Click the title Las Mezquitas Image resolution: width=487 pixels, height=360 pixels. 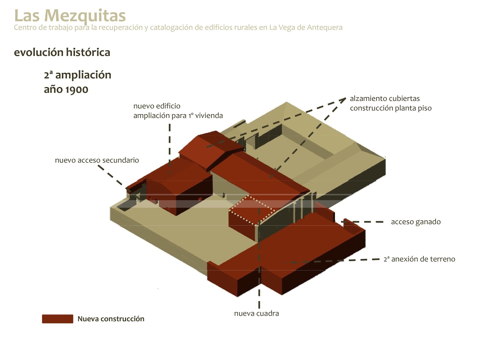click(x=70, y=15)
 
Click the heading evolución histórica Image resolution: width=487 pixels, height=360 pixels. click(x=62, y=52)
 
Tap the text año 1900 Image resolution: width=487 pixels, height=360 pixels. click(x=66, y=90)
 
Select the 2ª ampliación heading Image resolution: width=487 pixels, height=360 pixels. click(x=78, y=75)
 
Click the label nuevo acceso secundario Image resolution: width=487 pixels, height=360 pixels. click(x=97, y=160)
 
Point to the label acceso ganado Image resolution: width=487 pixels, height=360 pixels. click(x=415, y=222)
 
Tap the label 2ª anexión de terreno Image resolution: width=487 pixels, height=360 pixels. click(x=419, y=259)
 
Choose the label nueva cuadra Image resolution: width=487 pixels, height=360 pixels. click(x=256, y=313)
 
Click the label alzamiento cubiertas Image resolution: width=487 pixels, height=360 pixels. click(x=385, y=99)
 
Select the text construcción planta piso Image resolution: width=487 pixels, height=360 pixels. click(x=391, y=108)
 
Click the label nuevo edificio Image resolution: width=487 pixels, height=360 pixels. click(x=157, y=106)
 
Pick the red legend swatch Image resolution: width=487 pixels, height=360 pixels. click(x=58, y=319)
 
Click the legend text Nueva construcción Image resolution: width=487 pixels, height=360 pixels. click(x=111, y=319)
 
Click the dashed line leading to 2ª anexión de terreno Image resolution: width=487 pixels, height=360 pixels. click(x=335, y=261)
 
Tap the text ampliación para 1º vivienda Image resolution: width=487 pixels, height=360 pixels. click(x=178, y=116)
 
